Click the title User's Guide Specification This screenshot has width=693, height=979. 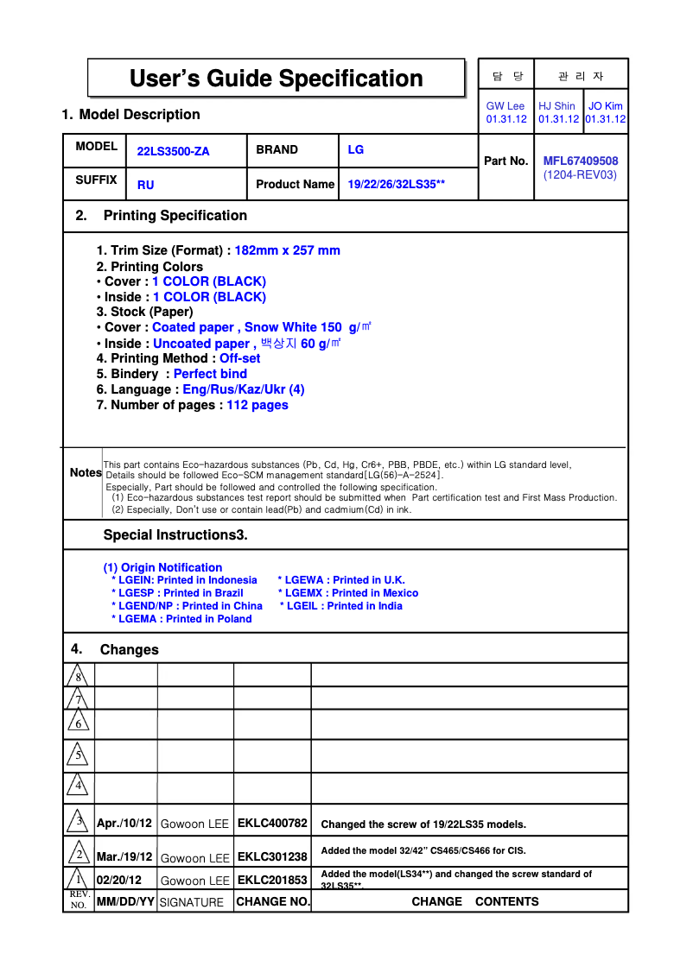276,79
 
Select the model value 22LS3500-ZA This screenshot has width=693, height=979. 173,152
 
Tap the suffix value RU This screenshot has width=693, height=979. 145,185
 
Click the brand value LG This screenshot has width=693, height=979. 355,150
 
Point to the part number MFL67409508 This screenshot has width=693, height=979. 580,161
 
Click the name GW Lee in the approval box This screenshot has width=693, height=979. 505,106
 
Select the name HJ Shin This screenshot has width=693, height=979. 556,106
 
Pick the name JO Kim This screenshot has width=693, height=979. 605,106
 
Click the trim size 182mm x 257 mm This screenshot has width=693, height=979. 287,251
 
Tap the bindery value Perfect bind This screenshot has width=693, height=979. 210,375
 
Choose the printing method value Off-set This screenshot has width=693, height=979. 239,359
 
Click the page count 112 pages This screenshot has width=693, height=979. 257,406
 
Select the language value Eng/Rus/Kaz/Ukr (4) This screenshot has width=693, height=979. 243,390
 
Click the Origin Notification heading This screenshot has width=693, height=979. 162,568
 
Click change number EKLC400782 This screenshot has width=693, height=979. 272,824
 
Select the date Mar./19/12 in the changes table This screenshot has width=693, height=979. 124,857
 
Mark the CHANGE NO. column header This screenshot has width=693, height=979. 272,902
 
